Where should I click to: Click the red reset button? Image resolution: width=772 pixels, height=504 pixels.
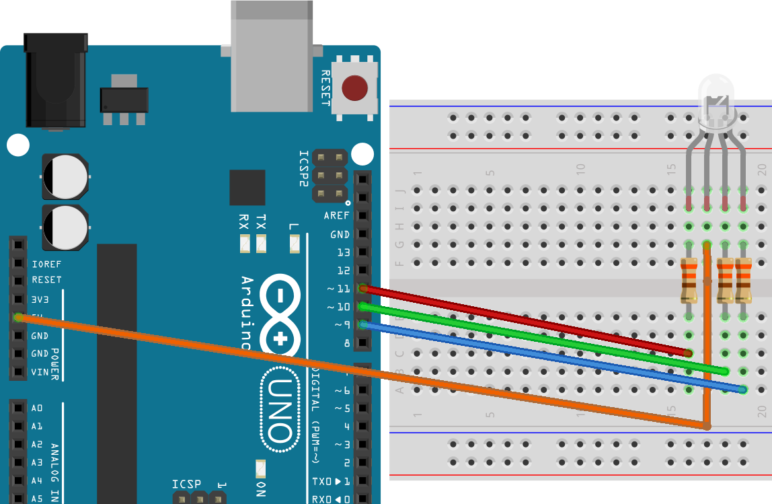[x=354, y=88]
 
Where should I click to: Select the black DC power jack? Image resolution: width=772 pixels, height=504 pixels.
[x=56, y=81]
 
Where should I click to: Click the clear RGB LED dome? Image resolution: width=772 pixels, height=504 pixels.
[x=717, y=101]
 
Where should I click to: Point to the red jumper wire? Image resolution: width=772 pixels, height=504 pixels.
[x=525, y=320]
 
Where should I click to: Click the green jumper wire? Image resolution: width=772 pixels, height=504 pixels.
[x=538, y=338]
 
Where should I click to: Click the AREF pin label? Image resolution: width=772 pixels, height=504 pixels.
[x=336, y=216]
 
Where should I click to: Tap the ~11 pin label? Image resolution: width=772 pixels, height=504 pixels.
[x=338, y=289]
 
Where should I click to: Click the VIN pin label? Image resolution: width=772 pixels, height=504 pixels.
[x=40, y=371]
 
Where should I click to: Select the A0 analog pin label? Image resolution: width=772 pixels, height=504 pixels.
[x=37, y=408]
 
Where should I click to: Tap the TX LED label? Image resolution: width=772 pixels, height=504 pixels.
[x=261, y=222]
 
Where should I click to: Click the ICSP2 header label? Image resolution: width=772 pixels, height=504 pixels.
[x=303, y=168]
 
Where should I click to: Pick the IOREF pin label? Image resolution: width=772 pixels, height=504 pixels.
[x=46, y=264]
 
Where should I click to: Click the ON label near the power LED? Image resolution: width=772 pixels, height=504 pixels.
[x=261, y=489]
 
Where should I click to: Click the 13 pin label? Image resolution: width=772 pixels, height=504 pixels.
[x=343, y=253]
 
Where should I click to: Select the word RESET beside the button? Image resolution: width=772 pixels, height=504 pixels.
[x=325, y=87]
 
